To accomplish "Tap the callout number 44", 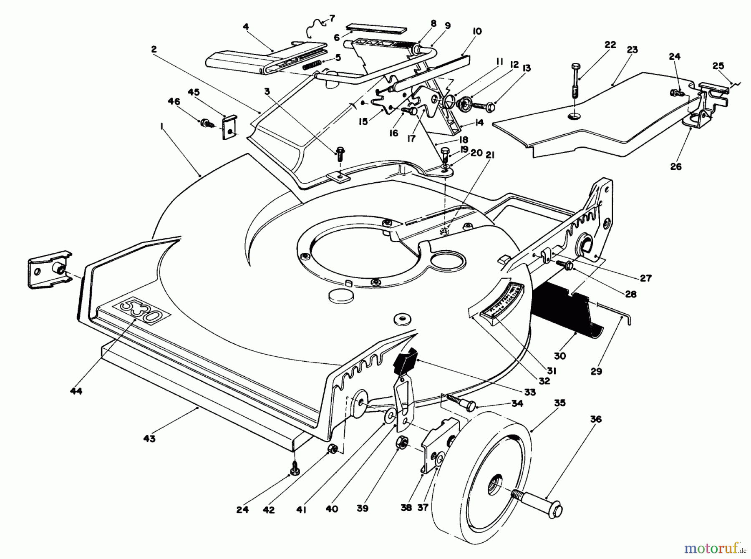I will click(x=76, y=391).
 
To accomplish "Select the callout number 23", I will click(x=632, y=50).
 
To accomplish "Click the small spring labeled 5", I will click(x=311, y=65).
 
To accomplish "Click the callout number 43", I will click(x=149, y=438).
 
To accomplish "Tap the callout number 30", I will click(x=559, y=355).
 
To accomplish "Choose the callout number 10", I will click(x=477, y=31).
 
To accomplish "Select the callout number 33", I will click(x=530, y=392).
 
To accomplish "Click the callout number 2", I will click(x=154, y=49).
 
